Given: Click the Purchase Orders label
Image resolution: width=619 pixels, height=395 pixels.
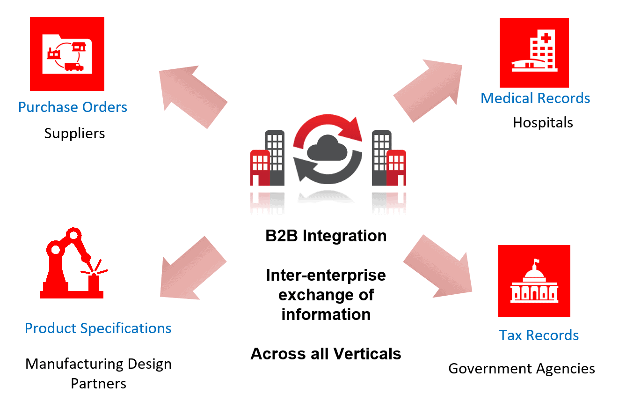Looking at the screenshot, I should tap(73, 107).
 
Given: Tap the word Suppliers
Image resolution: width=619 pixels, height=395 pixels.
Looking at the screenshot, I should tap(74, 134).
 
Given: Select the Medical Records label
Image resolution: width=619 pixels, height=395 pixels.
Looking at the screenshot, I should tap(535, 98).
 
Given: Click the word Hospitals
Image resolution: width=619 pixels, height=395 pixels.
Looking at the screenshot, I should tap(543, 123).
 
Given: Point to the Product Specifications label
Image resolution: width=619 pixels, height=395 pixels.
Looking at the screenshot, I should tap(98, 328).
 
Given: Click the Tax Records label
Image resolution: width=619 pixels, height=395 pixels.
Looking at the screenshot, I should tap(539, 335).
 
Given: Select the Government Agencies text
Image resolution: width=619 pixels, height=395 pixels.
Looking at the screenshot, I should tap(522, 369).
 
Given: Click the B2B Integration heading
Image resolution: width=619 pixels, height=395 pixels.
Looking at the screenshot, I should tap(326, 236).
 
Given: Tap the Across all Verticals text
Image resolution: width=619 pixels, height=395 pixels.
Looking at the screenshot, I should tap(326, 353).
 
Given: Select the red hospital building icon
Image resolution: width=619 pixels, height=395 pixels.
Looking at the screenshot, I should tap(534, 53).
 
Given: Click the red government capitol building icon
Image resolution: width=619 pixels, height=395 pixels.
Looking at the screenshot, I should tap(534, 281).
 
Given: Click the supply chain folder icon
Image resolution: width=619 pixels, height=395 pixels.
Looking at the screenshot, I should tap(67, 53).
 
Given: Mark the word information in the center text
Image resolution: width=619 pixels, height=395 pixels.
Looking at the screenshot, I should tap(326, 314).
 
